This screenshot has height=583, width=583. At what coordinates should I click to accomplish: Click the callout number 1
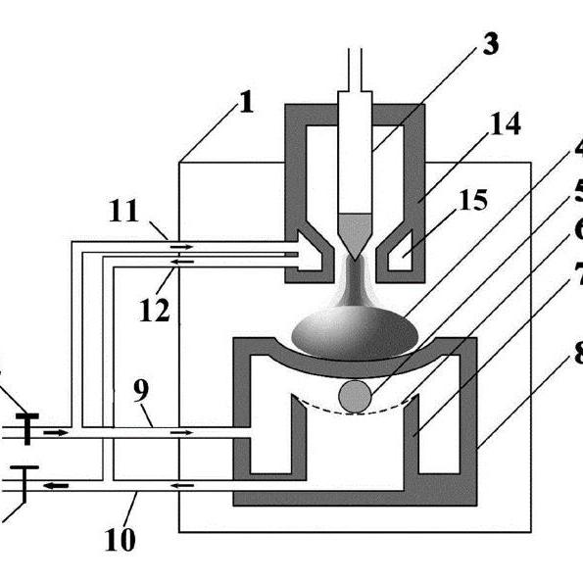(x=246, y=102)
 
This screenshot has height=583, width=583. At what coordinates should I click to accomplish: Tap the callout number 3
(x=490, y=44)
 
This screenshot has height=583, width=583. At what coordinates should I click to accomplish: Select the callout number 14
(x=506, y=123)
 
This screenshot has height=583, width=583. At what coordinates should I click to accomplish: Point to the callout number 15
(x=473, y=200)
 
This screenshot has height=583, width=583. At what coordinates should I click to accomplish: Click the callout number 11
(x=123, y=211)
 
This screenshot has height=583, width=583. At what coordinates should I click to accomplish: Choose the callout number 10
(x=121, y=540)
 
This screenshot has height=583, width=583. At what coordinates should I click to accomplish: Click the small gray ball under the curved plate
(x=355, y=397)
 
